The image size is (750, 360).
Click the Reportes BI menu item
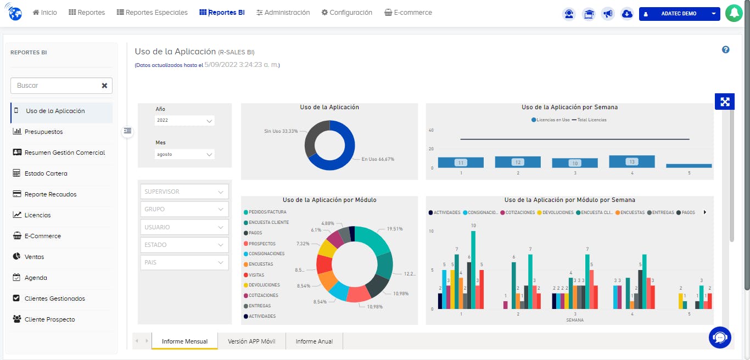pyautogui.click(x=222, y=13)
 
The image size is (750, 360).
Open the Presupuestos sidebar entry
pyautogui.click(x=43, y=132)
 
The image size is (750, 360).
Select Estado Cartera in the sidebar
pyautogui.click(x=46, y=173)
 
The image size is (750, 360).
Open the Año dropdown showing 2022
pyautogui.click(x=184, y=120)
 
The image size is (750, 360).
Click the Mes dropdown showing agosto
pyautogui.click(x=184, y=154)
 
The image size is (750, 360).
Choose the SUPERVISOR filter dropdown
pyautogui.click(x=184, y=192)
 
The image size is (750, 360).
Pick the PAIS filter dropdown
pyautogui.click(x=184, y=262)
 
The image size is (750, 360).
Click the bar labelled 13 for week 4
pyautogui.click(x=632, y=161)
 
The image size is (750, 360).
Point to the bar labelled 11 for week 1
pyautogui.click(x=461, y=162)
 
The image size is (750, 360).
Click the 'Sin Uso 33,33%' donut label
pyautogui.click(x=281, y=131)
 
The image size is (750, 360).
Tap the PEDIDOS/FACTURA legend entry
pyautogui.click(x=267, y=212)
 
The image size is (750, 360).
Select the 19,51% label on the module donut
pyautogui.click(x=395, y=229)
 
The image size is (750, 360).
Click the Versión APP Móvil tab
pyautogui.click(x=251, y=341)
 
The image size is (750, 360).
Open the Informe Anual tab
pyautogui.click(x=314, y=341)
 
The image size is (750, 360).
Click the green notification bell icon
pyautogui.click(x=734, y=13)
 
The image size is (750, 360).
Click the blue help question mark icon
pyautogui.click(x=725, y=50)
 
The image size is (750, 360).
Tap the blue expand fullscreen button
pyautogui.click(x=725, y=102)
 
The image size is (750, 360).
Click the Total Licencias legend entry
pyautogui.click(x=592, y=120)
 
